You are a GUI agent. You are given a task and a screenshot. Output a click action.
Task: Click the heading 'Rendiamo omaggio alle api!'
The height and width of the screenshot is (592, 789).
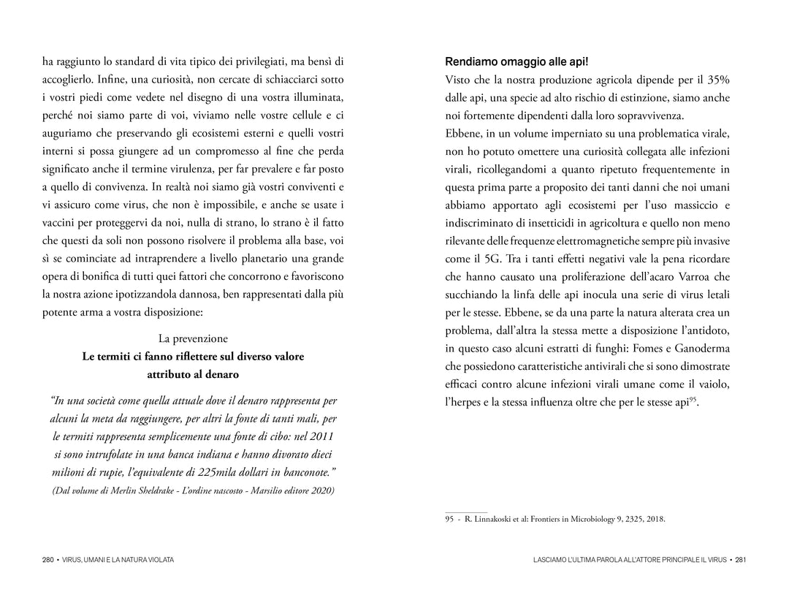click(517, 61)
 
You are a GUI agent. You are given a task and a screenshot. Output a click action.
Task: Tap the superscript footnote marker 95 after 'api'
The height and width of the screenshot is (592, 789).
click(692, 399)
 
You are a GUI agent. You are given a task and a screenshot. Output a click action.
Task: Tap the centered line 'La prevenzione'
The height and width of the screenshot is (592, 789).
click(193, 339)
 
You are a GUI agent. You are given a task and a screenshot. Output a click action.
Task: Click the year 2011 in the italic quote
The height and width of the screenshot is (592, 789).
click(322, 436)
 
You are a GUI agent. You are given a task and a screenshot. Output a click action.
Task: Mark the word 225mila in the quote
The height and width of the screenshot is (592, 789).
click(210, 472)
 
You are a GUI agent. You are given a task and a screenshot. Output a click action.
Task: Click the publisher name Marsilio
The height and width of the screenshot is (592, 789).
click(265, 490)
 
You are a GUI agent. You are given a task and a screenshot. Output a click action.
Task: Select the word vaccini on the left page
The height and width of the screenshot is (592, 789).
click(64, 223)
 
